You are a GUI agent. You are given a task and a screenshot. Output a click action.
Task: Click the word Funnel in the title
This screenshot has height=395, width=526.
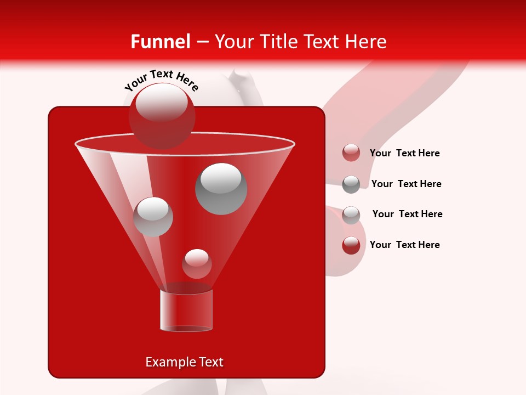160,42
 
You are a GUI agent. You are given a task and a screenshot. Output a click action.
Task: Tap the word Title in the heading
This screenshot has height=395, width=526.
278,42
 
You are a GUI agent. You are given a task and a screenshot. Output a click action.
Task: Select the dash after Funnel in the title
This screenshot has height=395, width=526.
202,42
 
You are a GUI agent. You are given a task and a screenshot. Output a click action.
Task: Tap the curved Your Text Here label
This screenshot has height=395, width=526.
161,80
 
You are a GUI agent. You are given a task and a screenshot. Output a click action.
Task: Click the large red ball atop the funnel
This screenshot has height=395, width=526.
162,116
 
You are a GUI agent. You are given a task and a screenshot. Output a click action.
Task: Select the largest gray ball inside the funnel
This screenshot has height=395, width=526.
221,189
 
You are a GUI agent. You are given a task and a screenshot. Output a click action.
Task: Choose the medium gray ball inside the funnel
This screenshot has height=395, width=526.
153,217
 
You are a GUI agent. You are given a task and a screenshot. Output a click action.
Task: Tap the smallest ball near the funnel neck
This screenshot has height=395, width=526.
197,264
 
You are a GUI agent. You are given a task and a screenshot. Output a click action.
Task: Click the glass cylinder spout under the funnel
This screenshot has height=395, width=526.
186,311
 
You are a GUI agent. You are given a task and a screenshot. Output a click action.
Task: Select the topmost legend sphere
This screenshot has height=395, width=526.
351,153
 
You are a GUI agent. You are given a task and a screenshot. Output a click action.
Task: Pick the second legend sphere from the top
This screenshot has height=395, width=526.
351,184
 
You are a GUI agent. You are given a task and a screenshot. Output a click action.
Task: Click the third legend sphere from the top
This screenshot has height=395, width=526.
351,215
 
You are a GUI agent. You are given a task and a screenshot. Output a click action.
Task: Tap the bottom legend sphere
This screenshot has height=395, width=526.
351,245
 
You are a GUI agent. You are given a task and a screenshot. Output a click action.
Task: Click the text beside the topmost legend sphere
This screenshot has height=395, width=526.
404,153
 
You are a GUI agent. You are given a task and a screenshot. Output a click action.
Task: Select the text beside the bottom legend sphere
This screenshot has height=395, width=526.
404,245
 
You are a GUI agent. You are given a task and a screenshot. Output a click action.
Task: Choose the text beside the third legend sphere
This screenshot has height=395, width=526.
407,214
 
